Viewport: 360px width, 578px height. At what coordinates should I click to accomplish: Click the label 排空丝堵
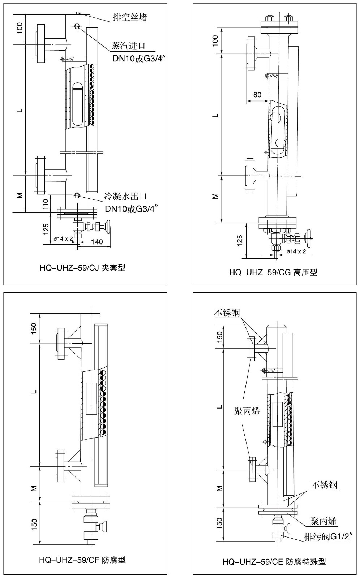[130, 17]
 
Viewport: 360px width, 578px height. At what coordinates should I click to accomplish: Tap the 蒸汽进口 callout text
[128, 46]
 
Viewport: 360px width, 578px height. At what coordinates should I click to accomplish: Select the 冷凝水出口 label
[125, 197]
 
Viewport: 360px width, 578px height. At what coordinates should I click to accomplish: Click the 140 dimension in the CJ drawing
[97, 242]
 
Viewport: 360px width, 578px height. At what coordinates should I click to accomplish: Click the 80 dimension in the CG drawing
[257, 95]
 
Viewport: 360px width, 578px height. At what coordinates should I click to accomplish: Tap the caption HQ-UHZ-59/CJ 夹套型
[82, 268]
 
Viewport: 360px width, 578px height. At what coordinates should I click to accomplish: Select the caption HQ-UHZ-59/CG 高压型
[273, 272]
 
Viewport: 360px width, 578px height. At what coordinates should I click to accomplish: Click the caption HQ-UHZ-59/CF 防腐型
[82, 560]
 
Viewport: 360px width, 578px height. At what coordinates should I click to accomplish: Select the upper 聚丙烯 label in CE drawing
[247, 411]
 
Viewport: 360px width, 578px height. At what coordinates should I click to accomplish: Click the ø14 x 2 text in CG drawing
[296, 251]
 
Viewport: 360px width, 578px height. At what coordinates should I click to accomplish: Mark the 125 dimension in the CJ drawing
[46, 229]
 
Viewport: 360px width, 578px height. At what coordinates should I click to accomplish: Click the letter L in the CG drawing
[215, 116]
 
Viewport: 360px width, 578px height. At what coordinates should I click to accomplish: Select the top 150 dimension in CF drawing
[34, 328]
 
